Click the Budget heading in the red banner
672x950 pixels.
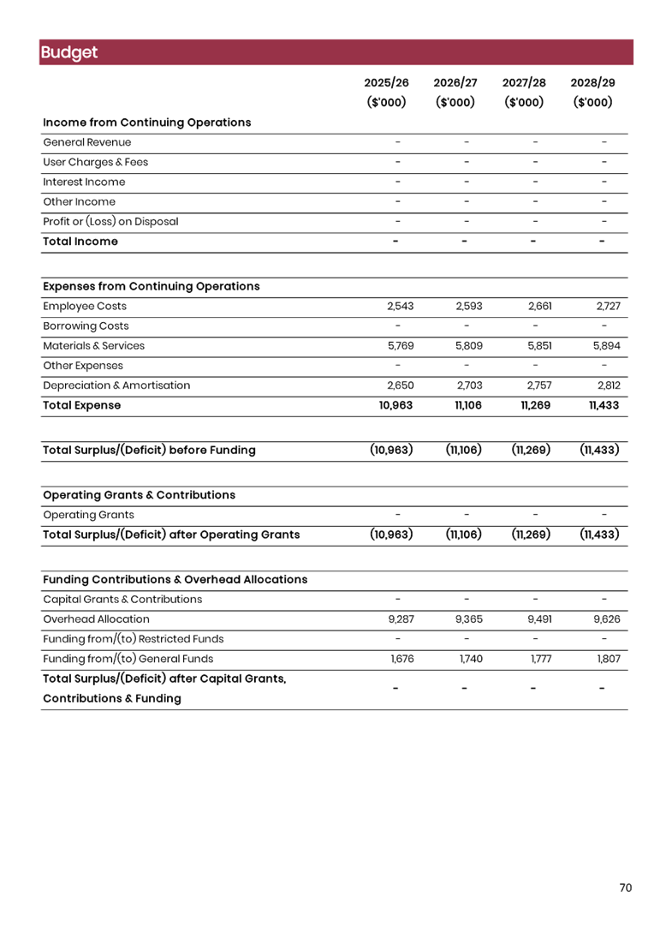point(68,52)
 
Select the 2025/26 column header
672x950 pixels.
point(386,83)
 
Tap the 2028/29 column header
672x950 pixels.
point(592,83)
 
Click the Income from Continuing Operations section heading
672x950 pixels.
point(146,122)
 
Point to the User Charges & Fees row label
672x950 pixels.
point(95,162)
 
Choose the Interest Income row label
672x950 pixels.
point(84,182)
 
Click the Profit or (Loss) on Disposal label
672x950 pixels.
point(110,222)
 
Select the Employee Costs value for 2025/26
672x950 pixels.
point(400,306)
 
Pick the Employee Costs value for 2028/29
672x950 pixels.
point(607,306)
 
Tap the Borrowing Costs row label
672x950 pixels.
point(86,326)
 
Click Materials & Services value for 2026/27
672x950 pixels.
point(468,346)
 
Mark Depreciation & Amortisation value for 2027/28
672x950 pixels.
point(538,385)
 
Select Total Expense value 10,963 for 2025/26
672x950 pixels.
point(395,405)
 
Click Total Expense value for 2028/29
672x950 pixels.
point(604,405)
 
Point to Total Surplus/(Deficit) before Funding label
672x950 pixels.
point(149,450)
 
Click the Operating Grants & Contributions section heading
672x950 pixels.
point(139,495)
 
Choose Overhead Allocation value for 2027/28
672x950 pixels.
point(538,619)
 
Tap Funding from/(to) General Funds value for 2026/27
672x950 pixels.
point(470,659)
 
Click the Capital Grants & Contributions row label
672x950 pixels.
point(122,600)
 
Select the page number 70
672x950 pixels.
point(625,888)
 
